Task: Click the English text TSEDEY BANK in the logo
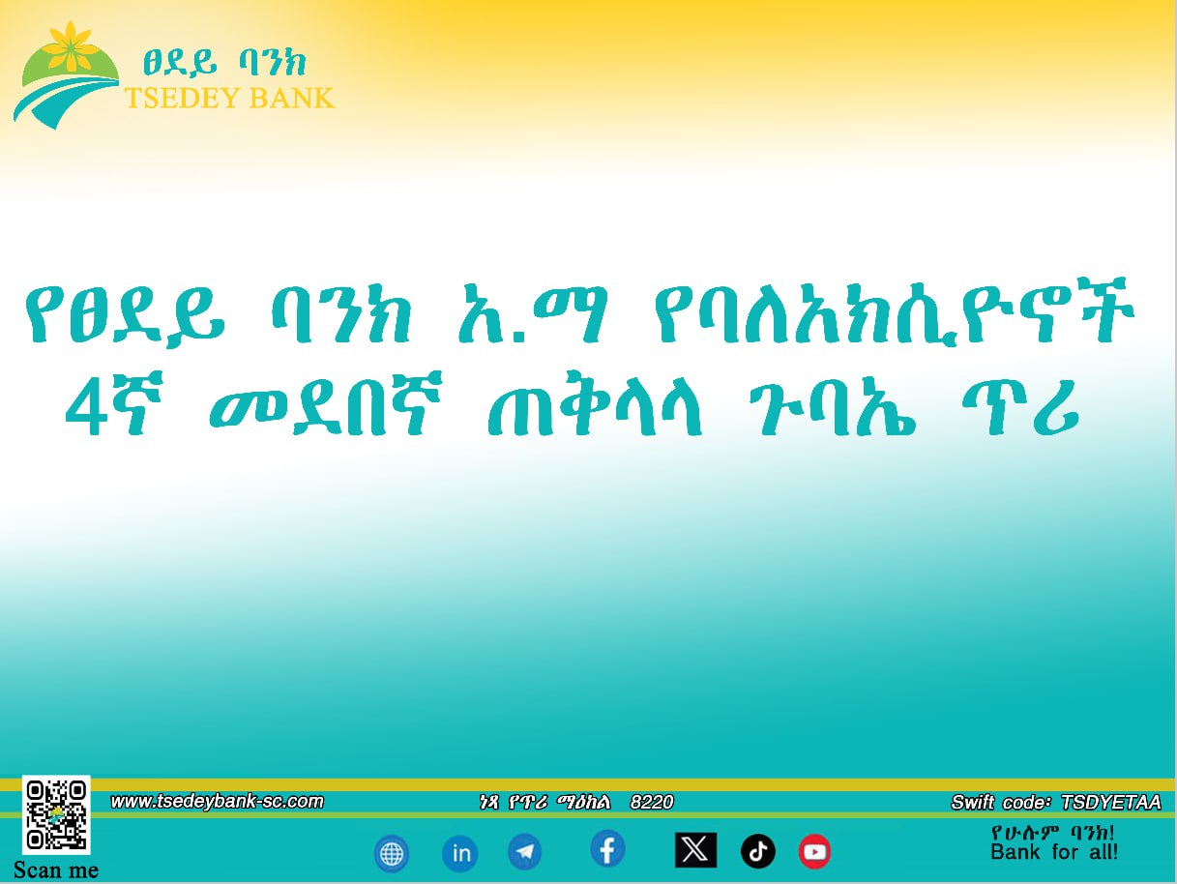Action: [x=229, y=98]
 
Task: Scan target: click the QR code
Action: [x=56, y=814]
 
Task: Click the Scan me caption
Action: [x=56, y=869]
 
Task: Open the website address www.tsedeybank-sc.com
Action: [x=217, y=801]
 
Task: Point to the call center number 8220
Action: [x=652, y=802]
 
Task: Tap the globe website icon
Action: [x=392, y=854]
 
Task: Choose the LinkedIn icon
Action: [x=460, y=854]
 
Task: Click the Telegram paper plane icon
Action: [x=525, y=852]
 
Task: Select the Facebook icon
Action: [x=607, y=850]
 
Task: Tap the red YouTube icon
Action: [x=814, y=852]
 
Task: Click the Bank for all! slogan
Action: [x=1054, y=853]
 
